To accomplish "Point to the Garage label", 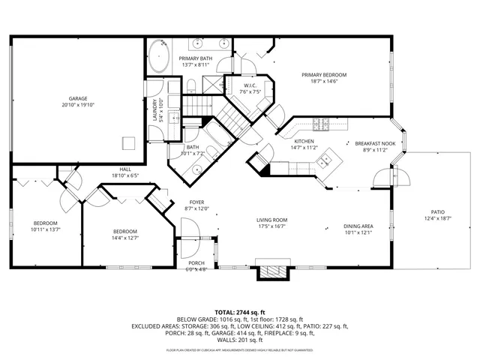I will (x=78, y=98).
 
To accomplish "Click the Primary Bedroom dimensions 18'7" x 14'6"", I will (x=325, y=82).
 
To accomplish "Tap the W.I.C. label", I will (x=250, y=86).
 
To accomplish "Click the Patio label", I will (x=437, y=212).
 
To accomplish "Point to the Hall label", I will (x=124, y=169).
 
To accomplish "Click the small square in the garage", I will (x=129, y=141).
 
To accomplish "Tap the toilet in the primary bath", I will (x=191, y=82).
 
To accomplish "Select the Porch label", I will (x=196, y=262).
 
